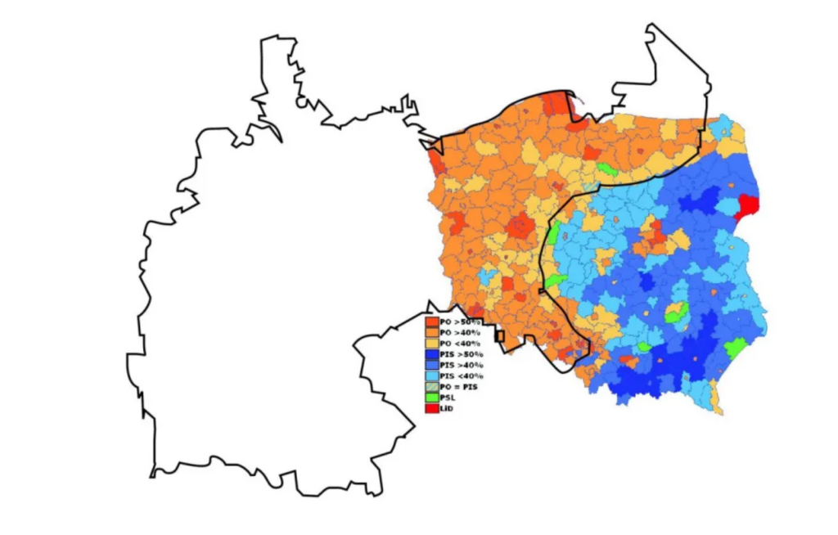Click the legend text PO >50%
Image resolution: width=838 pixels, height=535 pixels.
click(460, 322)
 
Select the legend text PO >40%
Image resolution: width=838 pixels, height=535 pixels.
click(460, 333)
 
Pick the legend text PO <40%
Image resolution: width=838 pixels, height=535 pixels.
click(460, 344)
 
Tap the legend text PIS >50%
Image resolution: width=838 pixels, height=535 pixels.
click(462, 354)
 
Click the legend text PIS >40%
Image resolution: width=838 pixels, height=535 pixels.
click(462, 365)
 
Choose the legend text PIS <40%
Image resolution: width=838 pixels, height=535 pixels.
click(462, 376)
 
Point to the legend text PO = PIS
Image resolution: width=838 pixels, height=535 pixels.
click(458, 387)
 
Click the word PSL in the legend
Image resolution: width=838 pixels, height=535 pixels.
click(448, 398)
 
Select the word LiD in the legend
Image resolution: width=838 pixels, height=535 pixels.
click(446, 408)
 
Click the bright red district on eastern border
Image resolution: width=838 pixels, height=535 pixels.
click(748, 206)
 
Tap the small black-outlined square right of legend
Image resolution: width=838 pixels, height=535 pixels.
click(500, 335)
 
